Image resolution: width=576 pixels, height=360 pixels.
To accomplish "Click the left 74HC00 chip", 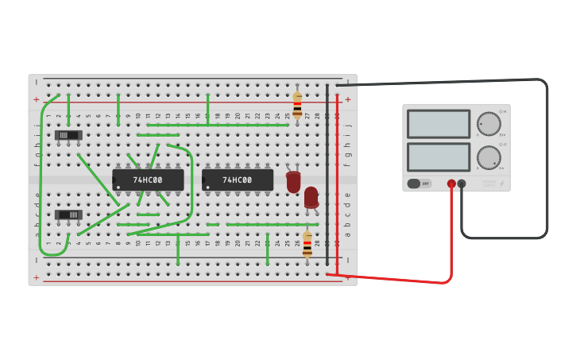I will click(148, 180).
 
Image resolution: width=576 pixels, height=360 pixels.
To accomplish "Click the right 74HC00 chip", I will click(238, 180).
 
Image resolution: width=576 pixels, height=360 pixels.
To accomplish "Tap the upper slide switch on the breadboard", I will click(68, 135).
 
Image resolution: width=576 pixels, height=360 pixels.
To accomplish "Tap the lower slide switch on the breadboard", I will click(68, 215).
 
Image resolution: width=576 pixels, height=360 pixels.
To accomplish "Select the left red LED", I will click(293, 181).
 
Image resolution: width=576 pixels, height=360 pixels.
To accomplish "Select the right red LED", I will click(311, 197).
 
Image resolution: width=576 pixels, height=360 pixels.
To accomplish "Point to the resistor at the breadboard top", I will click(297, 105).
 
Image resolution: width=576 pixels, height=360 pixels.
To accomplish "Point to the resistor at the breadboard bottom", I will click(307, 244).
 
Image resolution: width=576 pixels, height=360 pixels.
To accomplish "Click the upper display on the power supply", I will click(439, 124).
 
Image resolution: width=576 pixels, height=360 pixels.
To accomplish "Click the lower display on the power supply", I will click(439, 157).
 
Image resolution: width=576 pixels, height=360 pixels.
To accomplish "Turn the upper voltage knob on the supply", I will click(489, 124).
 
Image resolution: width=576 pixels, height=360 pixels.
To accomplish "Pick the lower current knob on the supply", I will click(489, 157).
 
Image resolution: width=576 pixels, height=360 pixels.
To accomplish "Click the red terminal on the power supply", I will click(451, 184).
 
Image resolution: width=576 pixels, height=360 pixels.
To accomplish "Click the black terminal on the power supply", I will click(462, 184).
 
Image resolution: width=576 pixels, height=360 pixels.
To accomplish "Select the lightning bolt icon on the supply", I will click(501, 184).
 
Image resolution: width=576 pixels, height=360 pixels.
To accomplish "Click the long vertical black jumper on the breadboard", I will click(327, 175).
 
